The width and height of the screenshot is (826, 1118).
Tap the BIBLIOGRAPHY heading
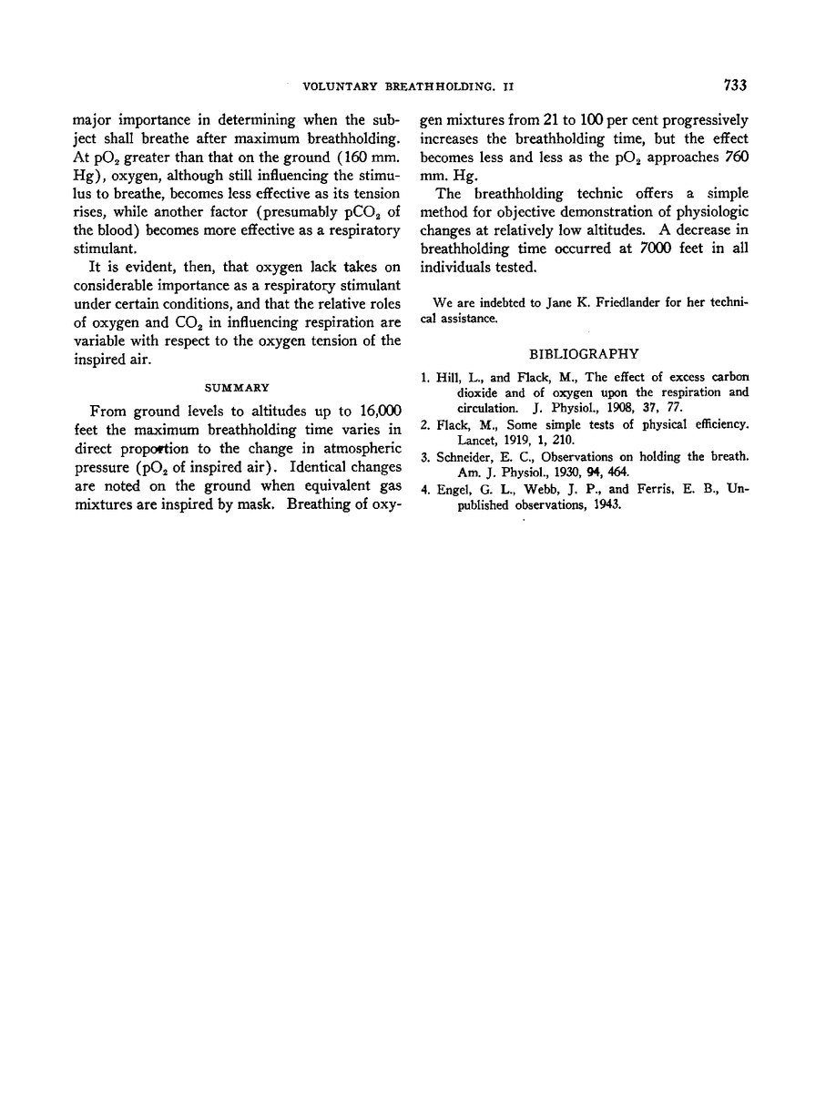[585, 353]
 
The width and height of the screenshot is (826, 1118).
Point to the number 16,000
[372, 410]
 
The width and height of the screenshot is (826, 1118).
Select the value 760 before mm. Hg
[732, 156]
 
